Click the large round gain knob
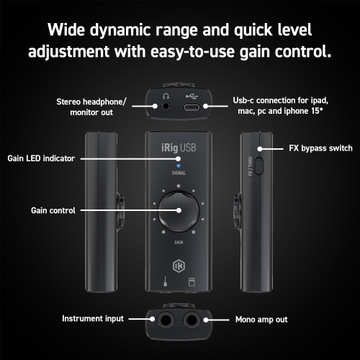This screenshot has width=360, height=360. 179,210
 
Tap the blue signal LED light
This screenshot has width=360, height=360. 179,165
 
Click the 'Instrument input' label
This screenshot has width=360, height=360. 93,318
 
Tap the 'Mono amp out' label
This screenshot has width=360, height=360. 263,318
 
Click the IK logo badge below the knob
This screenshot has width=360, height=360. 179,260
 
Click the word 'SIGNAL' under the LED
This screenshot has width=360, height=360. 179,174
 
